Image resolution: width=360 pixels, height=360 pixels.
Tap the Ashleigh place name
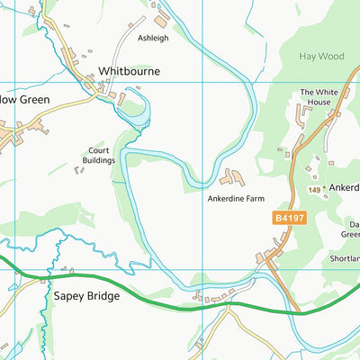pos(152,39)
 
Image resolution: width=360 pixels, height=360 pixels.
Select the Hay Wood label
pos(321,56)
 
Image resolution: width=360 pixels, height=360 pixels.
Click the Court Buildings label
pos(101,156)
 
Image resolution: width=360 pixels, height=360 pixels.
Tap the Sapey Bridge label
pos(86,294)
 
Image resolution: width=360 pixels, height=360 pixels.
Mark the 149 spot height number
pos(312,190)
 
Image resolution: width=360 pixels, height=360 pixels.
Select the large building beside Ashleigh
pos(162,20)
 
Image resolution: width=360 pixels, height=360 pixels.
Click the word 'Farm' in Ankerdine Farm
pos(257,198)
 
